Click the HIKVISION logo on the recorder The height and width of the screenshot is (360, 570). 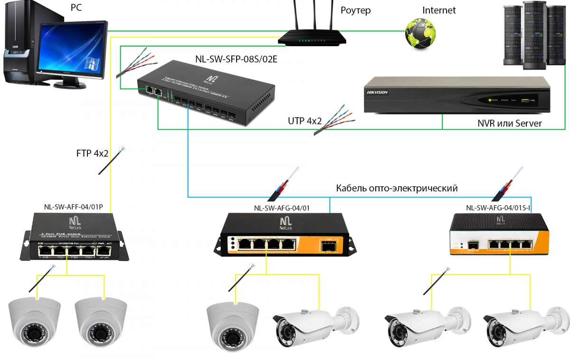377,92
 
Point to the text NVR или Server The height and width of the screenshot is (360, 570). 509,123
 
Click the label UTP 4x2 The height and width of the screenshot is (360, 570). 304,121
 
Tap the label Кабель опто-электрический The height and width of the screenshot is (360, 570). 397,188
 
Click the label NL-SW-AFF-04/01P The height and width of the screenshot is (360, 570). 73,207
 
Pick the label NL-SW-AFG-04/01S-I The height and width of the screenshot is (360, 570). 498,207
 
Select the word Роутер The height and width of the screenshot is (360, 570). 356,10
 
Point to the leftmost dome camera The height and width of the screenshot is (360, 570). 35,319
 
